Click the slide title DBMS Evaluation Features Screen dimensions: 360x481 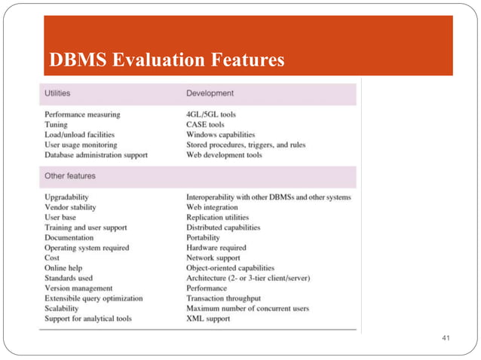166,59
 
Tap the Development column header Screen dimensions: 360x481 210,93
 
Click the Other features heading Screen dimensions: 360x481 70,176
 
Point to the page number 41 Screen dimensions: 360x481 445,340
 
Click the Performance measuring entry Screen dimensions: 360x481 82,114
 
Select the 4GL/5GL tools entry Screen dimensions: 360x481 211,114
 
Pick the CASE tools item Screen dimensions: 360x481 205,124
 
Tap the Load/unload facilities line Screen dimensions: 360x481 81,135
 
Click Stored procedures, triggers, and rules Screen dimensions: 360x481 246,145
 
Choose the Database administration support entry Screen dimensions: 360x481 96,155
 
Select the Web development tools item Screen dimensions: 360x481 224,155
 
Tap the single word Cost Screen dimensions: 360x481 52,258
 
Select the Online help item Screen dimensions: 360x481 63,268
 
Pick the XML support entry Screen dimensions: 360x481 208,319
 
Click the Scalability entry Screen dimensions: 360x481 63,309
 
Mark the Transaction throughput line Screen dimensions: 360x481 223,298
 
